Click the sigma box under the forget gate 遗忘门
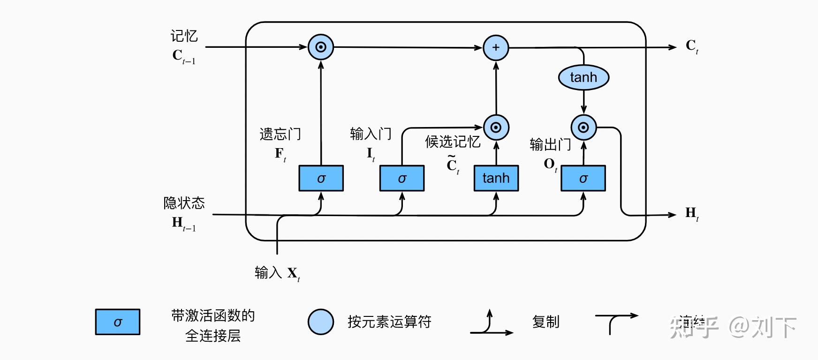click(x=321, y=178)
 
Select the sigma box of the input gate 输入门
click(x=401, y=178)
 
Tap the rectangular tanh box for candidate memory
click(x=496, y=178)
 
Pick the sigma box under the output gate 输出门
click(x=583, y=178)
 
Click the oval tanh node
click(x=583, y=77)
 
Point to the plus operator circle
click(x=496, y=47)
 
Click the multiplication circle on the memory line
click(x=321, y=47)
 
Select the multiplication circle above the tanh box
click(x=496, y=127)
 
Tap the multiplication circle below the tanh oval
click(x=583, y=127)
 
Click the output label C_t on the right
click(x=691, y=46)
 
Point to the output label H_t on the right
click(x=691, y=214)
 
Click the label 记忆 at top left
click(x=184, y=36)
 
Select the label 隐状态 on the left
click(x=184, y=203)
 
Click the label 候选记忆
click(x=452, y=142)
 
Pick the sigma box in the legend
click(x=118, y=322)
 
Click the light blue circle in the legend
click(x=321, y=322)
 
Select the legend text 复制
click(x=545, y=322)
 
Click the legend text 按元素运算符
click(x=389, y=322)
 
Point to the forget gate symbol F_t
click(x=280, y=154)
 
